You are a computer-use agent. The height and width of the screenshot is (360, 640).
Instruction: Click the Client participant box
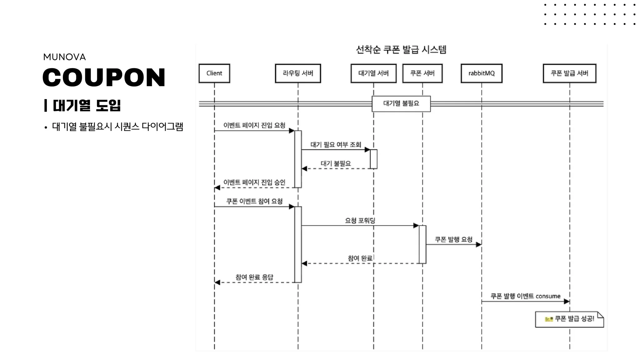coord(214,73)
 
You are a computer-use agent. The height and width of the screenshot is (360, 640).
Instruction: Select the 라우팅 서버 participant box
coord(298,73)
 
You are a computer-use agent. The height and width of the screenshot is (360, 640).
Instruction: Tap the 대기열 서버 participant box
coord(373,73)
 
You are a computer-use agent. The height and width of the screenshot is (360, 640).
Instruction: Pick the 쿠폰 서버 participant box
coord(422,73)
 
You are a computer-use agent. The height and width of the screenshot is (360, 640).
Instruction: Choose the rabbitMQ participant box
coord(482,73)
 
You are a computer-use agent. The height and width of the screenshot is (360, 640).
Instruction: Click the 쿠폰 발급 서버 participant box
coord(569,73)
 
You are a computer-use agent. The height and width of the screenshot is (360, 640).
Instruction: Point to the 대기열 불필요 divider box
coord(401,104)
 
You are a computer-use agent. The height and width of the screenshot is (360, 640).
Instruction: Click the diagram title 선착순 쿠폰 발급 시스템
coord(401,50)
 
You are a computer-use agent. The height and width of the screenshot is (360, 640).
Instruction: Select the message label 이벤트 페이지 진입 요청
coord(254,125)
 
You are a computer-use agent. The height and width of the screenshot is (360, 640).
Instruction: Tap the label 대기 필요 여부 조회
coord(336,144)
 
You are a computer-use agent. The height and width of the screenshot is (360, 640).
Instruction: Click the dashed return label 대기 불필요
coord(336,163)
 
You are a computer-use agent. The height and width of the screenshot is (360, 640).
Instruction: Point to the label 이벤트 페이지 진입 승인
coord(254,182)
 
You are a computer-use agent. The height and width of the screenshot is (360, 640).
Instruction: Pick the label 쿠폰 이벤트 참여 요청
coord(254,201)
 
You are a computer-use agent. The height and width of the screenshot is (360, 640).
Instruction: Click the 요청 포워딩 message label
coord(360,220)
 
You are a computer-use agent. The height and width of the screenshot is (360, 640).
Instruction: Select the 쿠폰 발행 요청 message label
coord(453,239)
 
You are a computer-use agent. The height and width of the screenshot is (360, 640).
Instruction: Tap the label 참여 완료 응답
coord(254,277)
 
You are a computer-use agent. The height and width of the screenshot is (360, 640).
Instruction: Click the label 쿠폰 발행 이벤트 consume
coord(525,296)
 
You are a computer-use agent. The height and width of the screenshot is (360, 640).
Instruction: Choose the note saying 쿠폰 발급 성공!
coord(569,319)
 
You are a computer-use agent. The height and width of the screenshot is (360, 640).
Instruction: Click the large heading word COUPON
coord(104,77)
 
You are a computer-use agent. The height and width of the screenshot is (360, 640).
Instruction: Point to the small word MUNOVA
coord(64,57)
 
